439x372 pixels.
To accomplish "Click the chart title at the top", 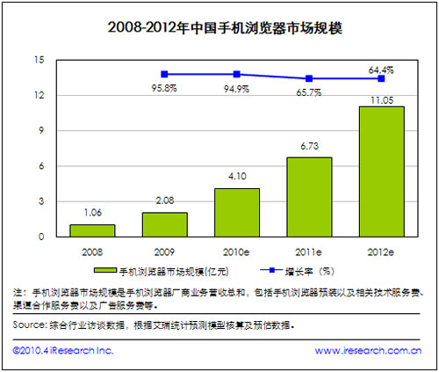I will (219, 26).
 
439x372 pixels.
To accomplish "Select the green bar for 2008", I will (92, 230).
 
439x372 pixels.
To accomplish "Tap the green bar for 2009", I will (164, 224).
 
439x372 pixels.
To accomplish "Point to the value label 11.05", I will (382, 99).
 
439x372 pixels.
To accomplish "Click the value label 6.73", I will (309, 151).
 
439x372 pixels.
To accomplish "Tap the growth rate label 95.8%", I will (164, 88).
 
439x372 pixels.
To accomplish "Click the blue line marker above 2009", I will (164, 74).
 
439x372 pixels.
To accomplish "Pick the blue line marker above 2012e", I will (382, 78).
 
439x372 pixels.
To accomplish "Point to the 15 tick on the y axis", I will (39, 60).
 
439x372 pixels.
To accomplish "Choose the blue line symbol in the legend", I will (266, 270).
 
